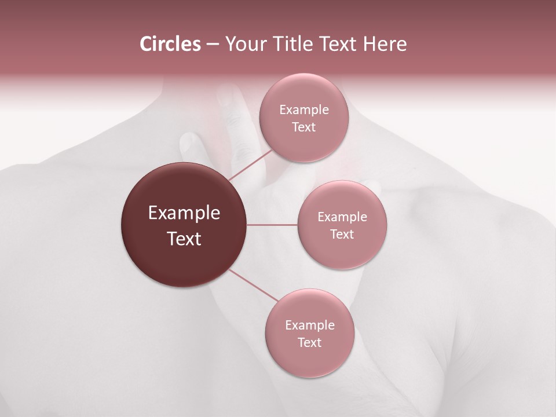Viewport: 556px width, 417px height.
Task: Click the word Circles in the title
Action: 170,44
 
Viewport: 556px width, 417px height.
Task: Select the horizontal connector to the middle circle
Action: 272,225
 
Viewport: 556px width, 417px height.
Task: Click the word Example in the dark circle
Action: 184,213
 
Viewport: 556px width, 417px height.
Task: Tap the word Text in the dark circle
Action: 184,239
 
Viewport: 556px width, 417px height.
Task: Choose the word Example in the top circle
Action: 304,110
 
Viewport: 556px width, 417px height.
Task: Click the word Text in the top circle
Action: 303,127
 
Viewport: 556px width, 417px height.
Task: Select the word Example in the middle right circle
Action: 342,217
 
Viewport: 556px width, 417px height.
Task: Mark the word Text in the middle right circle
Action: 342,235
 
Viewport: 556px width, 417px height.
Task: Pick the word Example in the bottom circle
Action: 310,325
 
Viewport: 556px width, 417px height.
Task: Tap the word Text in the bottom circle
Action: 309,343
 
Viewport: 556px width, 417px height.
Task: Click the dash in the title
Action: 213,45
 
